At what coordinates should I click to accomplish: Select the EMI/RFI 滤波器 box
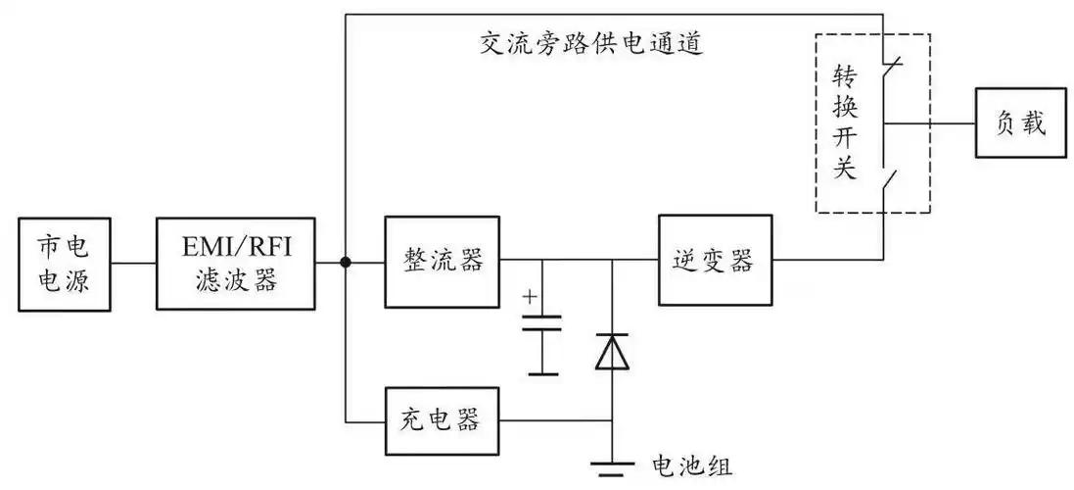(236, 263)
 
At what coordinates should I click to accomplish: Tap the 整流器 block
(442, 261)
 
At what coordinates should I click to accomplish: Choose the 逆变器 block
(714, 260)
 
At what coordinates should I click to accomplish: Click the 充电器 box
(442, 421)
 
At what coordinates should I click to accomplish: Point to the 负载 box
(1019, 124)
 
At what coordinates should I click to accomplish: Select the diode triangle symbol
(612, 352)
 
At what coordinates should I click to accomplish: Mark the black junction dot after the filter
(346, 262)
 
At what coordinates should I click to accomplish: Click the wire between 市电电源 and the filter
(133, 263)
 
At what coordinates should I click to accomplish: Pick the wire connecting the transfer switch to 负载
(930, 124)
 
